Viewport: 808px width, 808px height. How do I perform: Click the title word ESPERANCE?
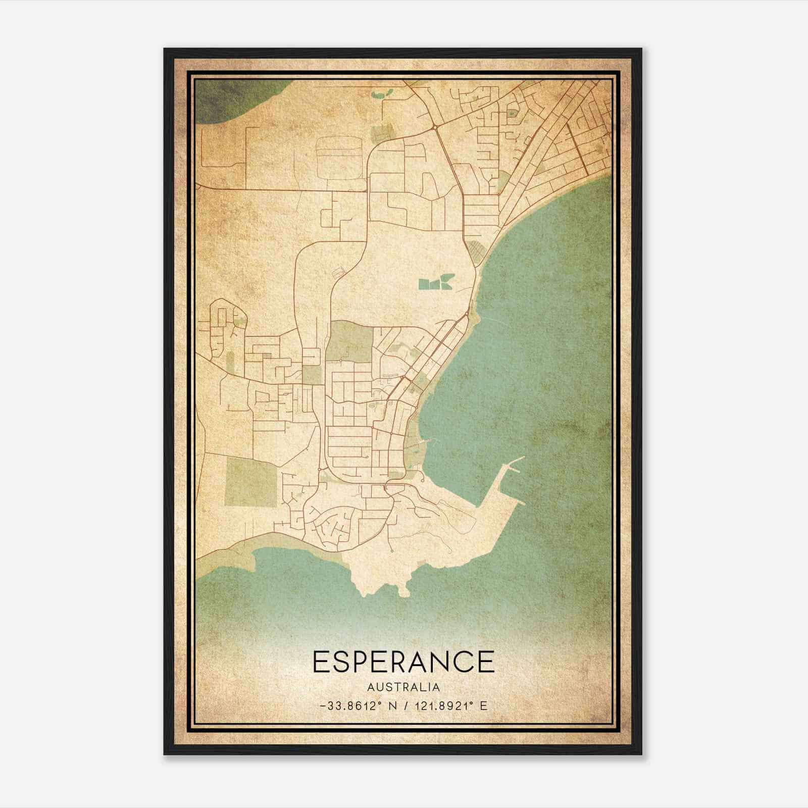point(403,662)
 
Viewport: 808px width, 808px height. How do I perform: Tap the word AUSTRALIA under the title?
point(403,687)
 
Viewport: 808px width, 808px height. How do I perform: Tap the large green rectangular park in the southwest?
point(251,482)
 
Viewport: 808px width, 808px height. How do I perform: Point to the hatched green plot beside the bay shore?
point(475,249)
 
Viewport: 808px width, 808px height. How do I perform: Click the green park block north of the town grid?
point(349,341)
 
